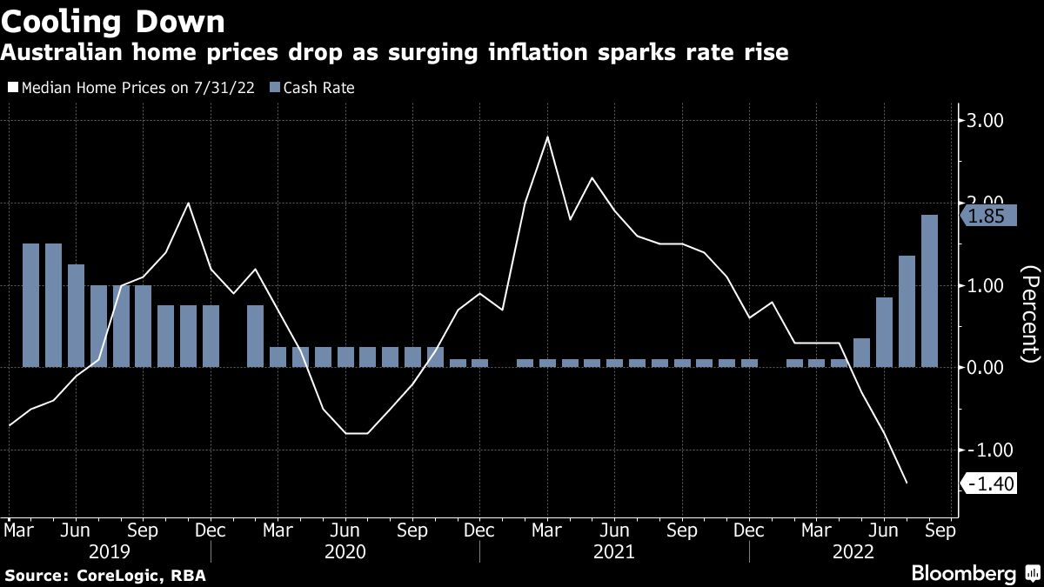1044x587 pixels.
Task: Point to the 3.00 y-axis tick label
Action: pos(986,121)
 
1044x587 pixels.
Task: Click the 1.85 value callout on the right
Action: pos(986,217)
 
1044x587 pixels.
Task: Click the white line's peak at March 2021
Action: pos(547,137)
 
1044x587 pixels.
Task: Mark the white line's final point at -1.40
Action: pos(907,483)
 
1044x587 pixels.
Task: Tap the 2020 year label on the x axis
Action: pos(344,551)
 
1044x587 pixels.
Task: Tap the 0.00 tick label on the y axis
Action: pos(986,368)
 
